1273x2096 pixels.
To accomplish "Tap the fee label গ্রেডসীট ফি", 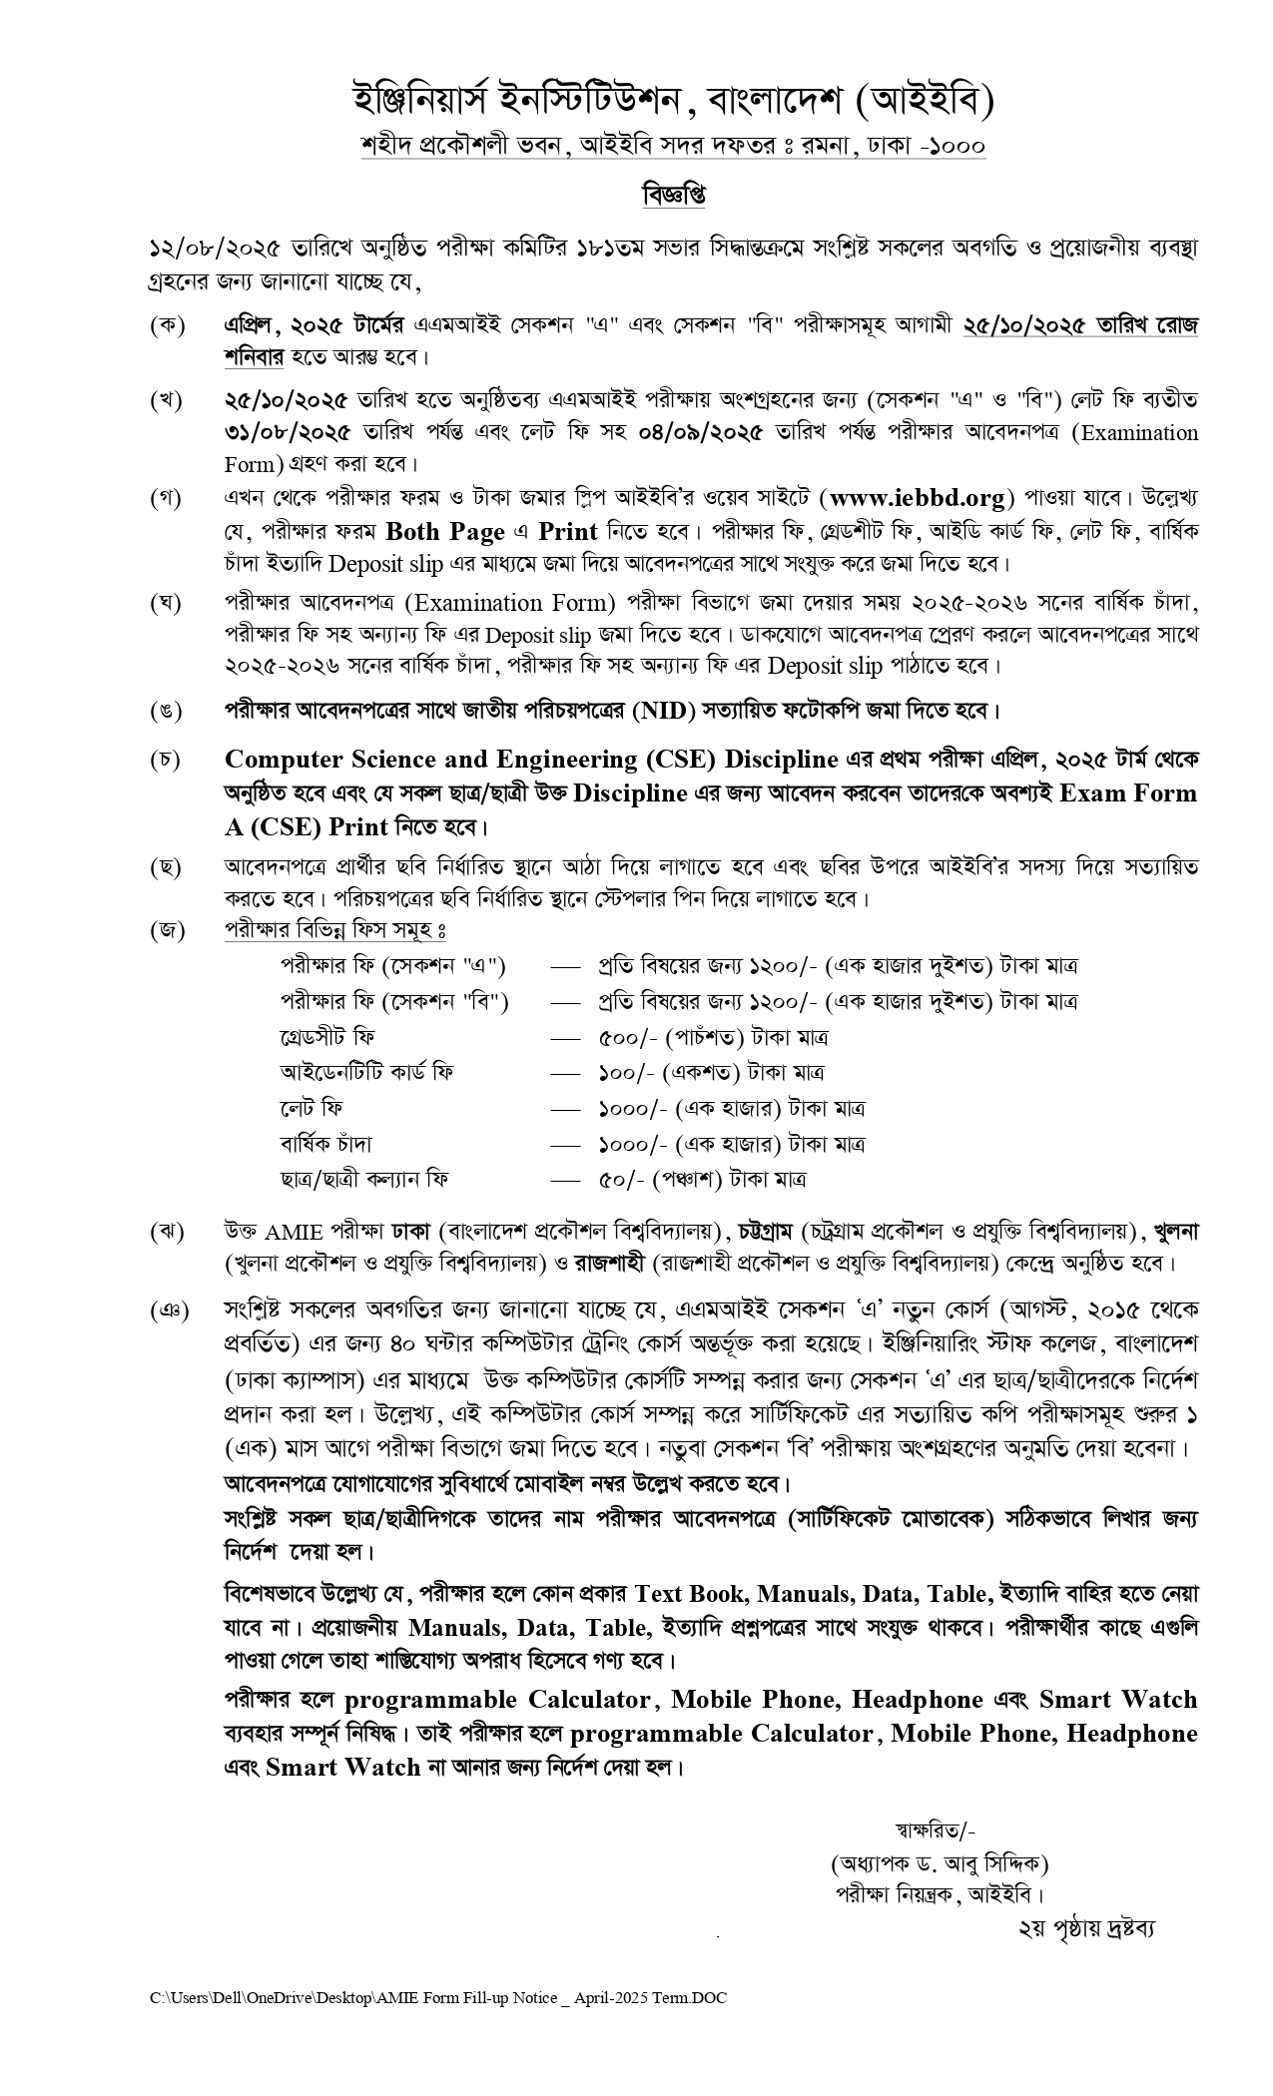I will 327,1037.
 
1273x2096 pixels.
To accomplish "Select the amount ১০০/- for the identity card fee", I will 625,1073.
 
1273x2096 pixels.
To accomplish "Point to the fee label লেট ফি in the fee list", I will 312,1108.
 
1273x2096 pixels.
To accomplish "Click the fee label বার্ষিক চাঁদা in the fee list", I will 325,1144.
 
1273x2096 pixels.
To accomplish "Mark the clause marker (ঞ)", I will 168,1310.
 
